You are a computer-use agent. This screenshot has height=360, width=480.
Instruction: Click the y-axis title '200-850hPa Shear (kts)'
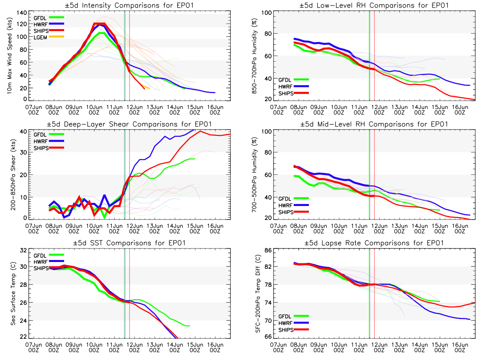9,174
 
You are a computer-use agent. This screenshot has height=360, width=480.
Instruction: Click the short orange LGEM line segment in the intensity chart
147,87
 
